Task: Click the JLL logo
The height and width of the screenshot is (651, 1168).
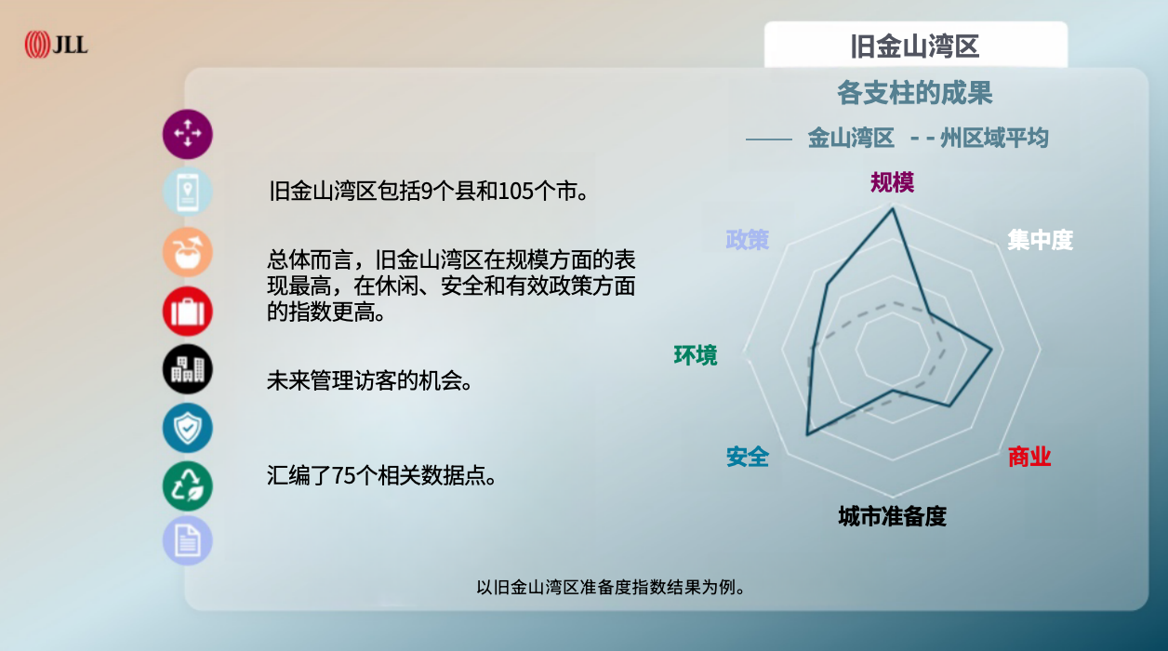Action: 56,44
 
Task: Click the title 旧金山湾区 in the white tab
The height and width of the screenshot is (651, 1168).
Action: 915,46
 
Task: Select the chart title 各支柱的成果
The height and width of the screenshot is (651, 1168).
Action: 915,93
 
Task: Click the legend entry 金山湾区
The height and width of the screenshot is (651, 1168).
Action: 850,139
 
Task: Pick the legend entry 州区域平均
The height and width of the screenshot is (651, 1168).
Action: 993,139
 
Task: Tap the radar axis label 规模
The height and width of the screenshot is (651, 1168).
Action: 893,182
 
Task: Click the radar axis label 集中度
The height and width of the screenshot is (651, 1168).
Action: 1040,240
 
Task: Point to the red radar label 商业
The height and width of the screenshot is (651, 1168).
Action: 1029,457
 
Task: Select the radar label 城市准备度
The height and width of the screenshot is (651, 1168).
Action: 892,516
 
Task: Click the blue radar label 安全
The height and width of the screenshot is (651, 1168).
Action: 748,457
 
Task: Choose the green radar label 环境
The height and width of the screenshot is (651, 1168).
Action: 696,355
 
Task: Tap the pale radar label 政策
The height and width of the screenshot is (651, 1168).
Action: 748,239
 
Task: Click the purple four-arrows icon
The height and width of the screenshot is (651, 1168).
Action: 188,134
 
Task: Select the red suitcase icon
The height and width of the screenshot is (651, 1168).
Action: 188,311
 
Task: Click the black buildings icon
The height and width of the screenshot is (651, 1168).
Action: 188,369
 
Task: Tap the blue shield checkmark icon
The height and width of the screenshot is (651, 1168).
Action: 188,428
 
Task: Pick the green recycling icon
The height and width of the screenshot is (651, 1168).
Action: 188,485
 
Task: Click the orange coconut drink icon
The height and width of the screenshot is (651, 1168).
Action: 188,251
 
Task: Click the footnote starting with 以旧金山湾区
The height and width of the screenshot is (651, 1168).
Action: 611,587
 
